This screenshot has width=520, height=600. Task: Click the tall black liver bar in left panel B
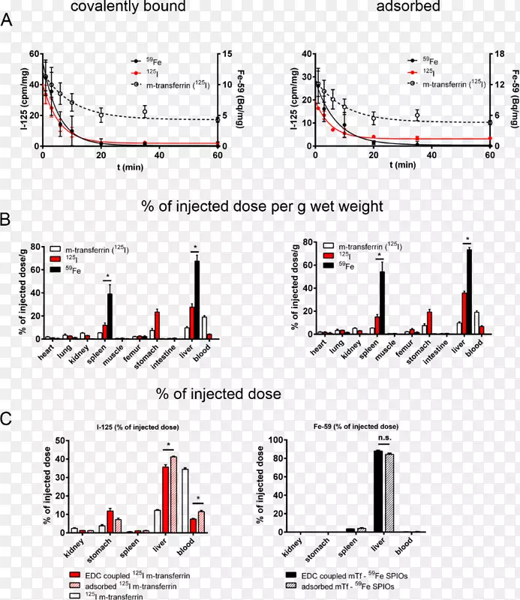coord(197,300)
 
